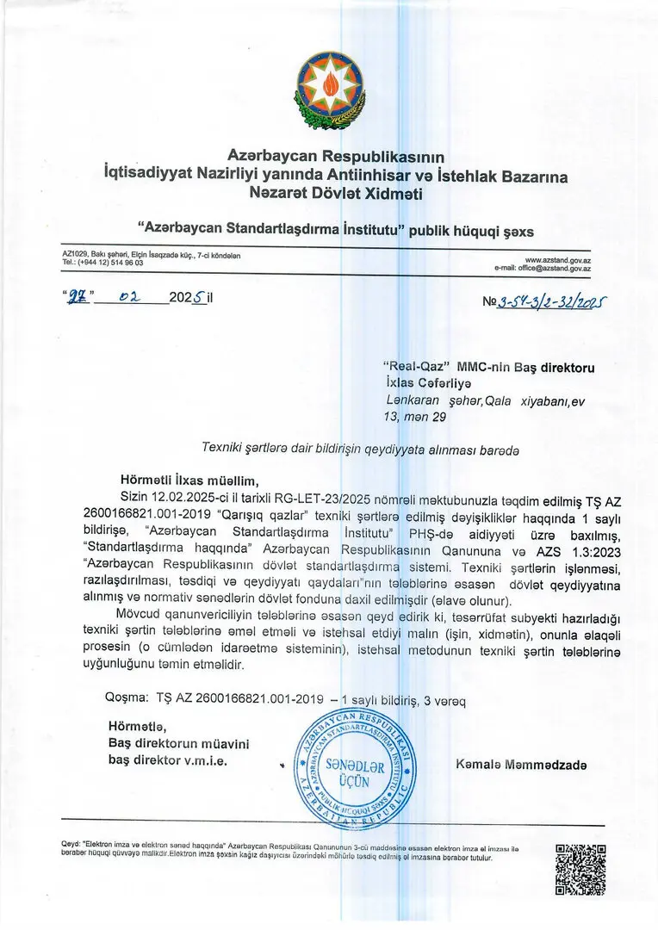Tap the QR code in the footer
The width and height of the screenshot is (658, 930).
point(580,870)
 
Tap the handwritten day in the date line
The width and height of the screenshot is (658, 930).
point(79,299)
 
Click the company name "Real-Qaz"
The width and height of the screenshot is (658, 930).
point(416,366)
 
